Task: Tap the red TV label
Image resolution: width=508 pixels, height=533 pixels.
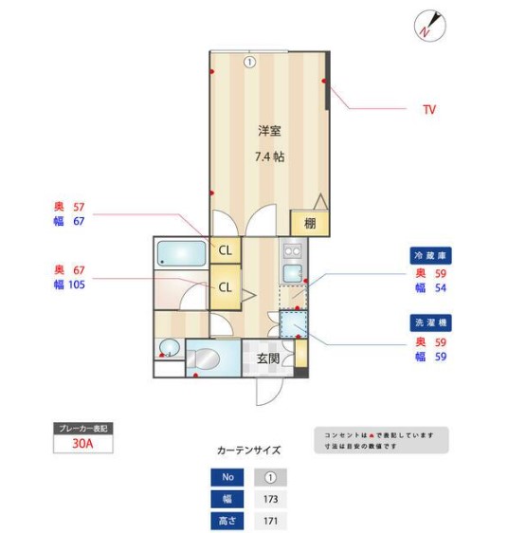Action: (429, 110)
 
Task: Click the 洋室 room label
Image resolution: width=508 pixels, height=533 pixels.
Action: (268, 131)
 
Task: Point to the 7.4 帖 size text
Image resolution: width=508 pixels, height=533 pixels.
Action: (268, 156)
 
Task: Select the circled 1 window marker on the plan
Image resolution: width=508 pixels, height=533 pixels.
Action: (249, 63)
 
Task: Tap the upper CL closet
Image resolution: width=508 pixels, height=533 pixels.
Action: (226, 250)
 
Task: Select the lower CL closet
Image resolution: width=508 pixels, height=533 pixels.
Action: (226, 286)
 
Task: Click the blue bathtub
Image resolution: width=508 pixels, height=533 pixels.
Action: (180, 254)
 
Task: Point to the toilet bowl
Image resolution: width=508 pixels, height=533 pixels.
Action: (203, 358)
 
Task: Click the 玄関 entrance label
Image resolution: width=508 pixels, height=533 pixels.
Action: (267, 358)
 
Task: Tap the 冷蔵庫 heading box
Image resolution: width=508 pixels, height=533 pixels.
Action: (429, 256)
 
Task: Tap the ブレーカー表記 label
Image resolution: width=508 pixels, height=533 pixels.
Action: (84, 429)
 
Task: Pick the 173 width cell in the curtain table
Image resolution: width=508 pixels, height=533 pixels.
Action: (270, 499)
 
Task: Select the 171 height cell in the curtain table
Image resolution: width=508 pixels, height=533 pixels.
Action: (270, 521)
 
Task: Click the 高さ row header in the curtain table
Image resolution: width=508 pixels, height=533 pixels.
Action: (227, 521)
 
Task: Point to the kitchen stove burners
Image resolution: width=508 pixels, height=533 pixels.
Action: (292, 252)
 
